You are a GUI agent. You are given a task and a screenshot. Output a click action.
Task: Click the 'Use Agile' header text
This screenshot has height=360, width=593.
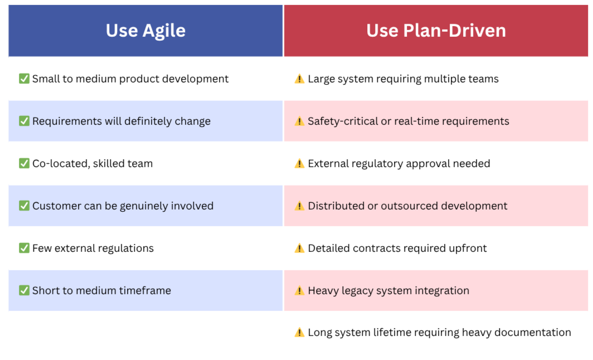145,31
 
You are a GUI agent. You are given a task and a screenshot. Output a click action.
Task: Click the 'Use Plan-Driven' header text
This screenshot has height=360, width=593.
436,31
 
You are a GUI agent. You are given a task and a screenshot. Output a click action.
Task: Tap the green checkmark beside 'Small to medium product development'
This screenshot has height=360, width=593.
24,79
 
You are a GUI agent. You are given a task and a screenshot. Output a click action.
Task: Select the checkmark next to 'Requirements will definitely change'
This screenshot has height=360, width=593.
24,121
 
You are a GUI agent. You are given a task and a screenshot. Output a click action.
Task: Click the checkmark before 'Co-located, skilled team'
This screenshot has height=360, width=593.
24,163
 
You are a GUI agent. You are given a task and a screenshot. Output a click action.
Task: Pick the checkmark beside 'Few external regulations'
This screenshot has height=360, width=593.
24,248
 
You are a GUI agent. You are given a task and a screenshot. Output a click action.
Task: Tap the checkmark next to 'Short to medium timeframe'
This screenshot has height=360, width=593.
24,290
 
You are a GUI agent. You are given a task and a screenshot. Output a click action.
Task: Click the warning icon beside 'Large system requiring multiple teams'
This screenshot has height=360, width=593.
299,79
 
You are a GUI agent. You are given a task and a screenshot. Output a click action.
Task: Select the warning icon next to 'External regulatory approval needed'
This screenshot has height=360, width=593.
299,163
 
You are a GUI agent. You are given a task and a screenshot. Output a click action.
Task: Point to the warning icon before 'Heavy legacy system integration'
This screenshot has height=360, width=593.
299,290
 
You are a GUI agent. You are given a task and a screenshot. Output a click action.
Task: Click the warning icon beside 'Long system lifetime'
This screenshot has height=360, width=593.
299,332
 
